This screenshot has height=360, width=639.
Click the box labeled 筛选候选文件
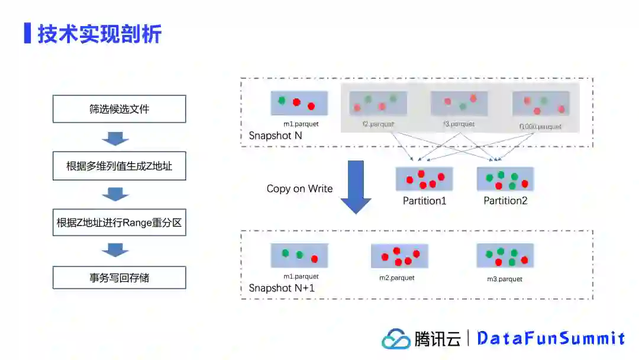(x=119, y=109)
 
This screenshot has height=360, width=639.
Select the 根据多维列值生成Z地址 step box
(x=119, y=166)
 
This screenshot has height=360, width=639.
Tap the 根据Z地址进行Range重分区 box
(x=119, y=223)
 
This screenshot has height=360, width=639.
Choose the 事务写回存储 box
(x=119, y=278)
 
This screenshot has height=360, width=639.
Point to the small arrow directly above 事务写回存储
(x=115, y=250)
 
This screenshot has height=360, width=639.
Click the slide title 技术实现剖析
(x=99, y=34)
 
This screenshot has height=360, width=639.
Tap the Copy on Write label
(x=299, y=189)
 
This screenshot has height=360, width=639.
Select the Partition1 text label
(x=424, y=201)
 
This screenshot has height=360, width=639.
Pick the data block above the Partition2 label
(x=505, y=179)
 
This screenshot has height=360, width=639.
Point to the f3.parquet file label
(x=459, y=124)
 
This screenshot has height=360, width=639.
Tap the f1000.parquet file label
(x=540, y=126)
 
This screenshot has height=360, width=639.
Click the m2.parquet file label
(x=397, y=277)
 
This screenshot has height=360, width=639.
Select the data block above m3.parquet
(x=505, y=256)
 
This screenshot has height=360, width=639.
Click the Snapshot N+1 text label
(x=282, y=288)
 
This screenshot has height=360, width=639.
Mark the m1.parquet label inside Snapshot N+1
(x=301, y=277)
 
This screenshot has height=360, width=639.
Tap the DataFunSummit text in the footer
(x=551, y=338)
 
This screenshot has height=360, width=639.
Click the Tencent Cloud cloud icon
(x=396, y=339)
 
